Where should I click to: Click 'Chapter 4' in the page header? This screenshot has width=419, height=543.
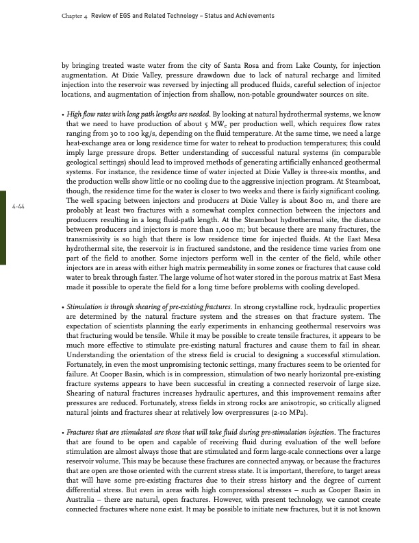(64, 15)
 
